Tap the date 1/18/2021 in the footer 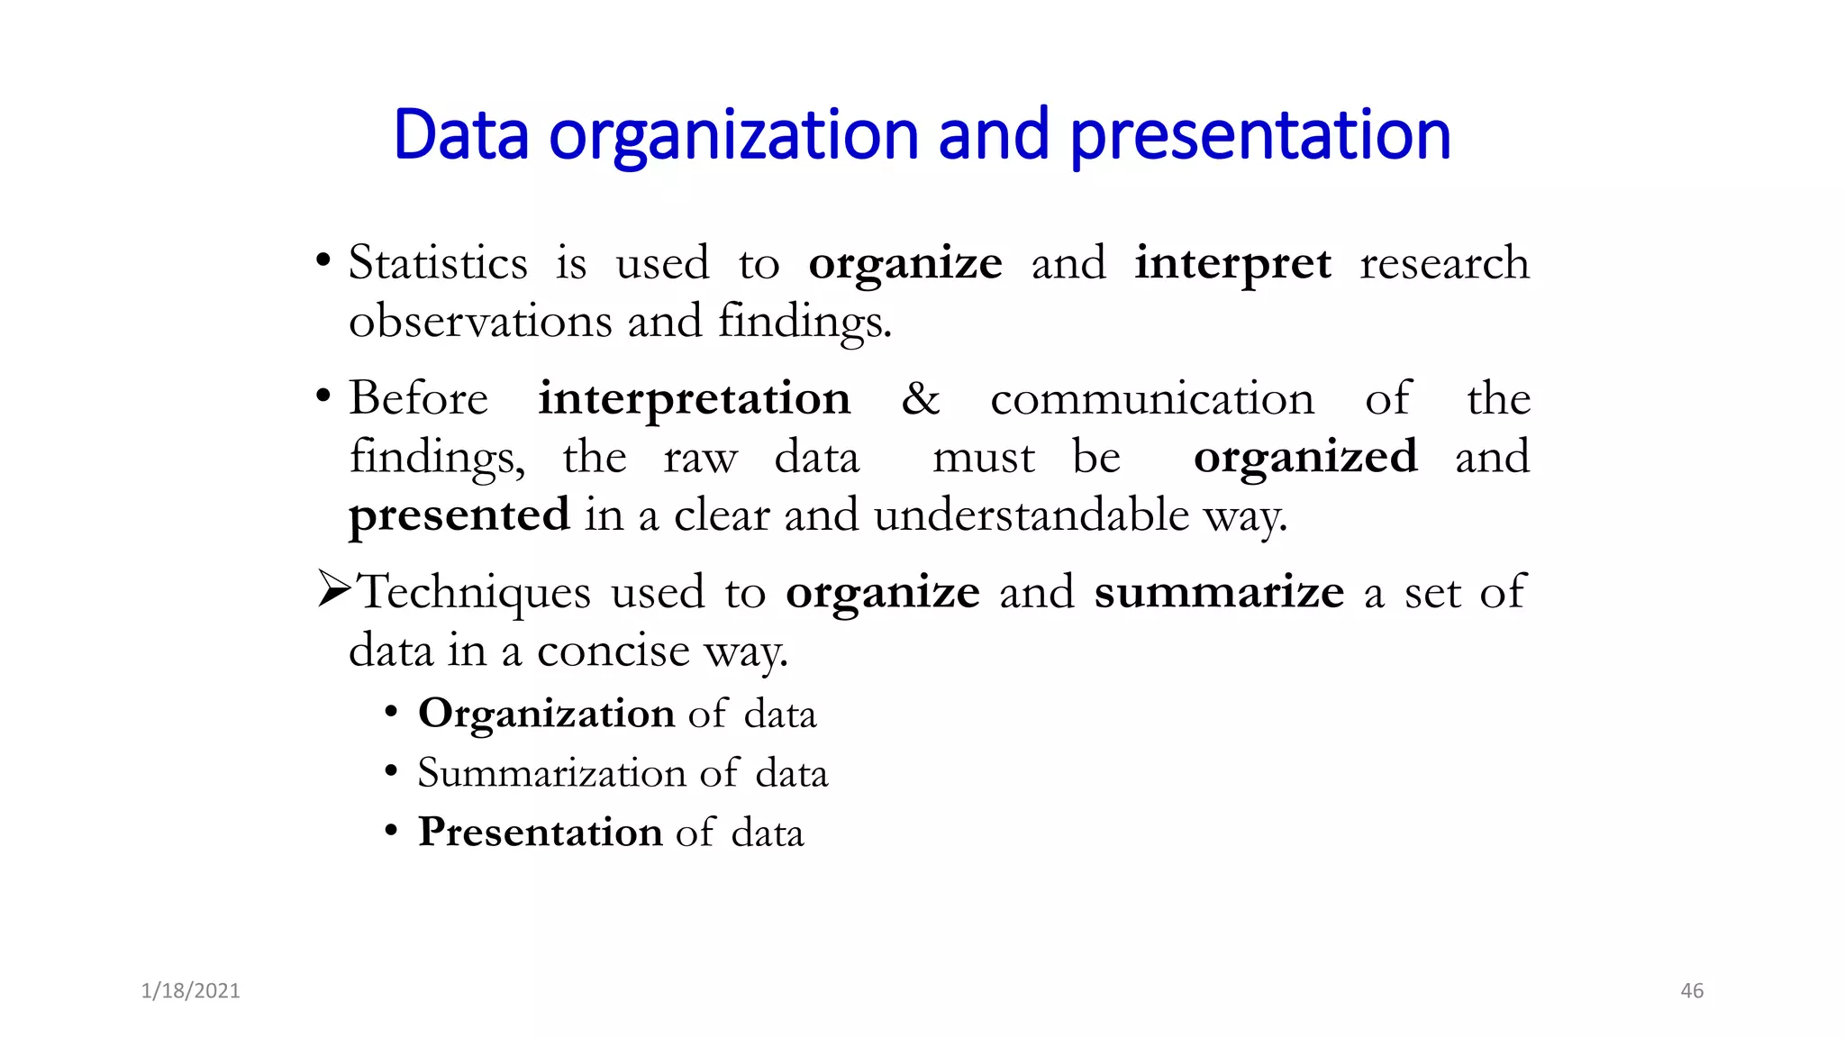pyautogui.click(x=190, y=991)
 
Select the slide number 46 pyautogui.click(x=1692, y=991)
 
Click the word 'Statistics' pyautogui.click(x=438, y=263)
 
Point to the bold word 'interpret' pyautogui.click(x=1232, y=265)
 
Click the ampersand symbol pyautogui.click(x=920, y=398)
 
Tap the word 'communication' pyautogui.click(x=1151, y=398)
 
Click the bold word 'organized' pyautogui.click(x=1304, y=458)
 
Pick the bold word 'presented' pyautogui.click(x=459, y=516)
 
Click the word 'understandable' pyautogui.click(x=1031, y=514)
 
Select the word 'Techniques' pyautogui.click(x=475, y=593)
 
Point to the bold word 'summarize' pyautogui.click(x=1218, y=592)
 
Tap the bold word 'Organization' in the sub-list pyautogui.click(x=546, y=715)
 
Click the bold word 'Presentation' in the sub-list pyautogui.click(x=541, y=832)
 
